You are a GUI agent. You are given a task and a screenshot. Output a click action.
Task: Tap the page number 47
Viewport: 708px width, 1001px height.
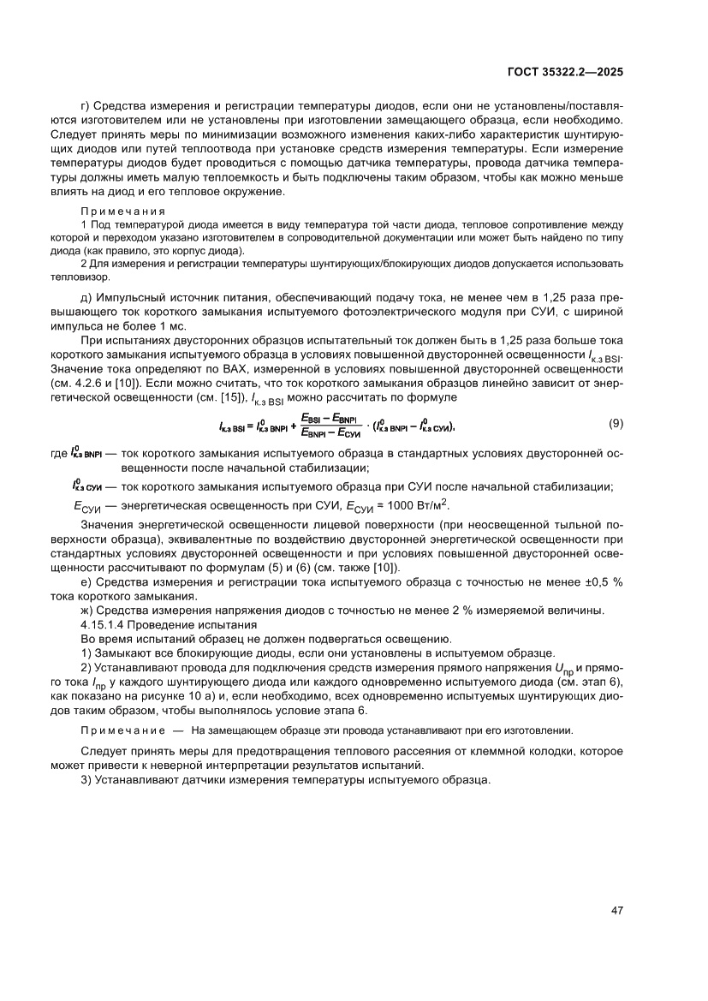[616, 909]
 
